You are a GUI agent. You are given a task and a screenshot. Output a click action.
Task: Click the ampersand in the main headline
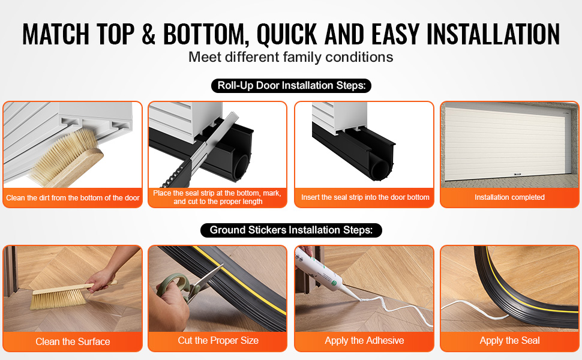(x=148, y=34)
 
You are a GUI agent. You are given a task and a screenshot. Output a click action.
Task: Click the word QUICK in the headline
(x=287, y=35)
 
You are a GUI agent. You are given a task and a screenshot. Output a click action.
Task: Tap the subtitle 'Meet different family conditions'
(x=290, y=57)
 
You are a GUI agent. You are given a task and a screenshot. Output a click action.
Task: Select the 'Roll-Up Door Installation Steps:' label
(x=292, y=86)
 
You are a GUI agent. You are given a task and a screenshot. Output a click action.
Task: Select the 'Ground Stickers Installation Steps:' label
(x=291, y=230)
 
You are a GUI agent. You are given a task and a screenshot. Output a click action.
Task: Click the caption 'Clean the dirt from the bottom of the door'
(x=73, y=198)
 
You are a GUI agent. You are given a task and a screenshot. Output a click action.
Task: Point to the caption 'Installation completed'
(x=509, y=197)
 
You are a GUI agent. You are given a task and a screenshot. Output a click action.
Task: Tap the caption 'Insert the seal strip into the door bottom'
(x=365, y=197)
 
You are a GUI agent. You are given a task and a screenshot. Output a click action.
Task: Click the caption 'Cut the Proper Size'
(x=218, y=340)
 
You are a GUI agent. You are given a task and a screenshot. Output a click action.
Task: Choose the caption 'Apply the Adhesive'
(x=364, y=340)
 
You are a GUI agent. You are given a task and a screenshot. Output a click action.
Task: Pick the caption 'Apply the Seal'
(x=509, y=340)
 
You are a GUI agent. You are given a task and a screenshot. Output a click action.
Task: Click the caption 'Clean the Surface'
(x=73, y=341)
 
